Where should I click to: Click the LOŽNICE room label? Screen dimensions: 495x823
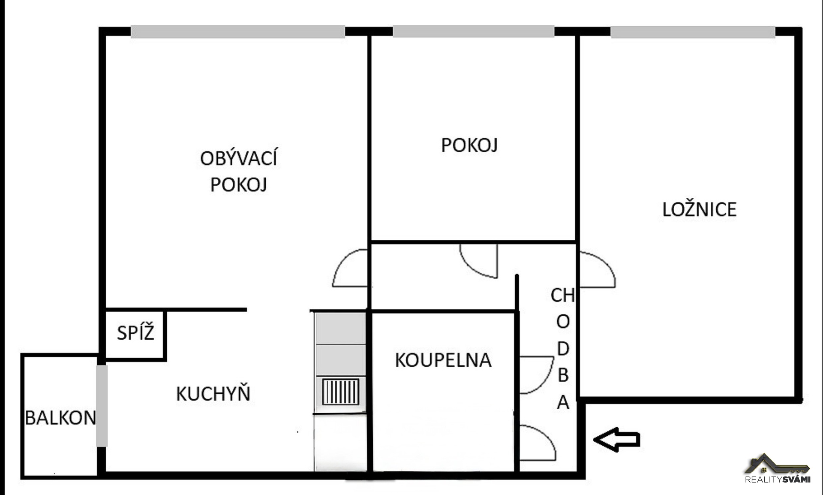[699, 210]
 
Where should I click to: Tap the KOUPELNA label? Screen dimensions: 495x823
[443, 360]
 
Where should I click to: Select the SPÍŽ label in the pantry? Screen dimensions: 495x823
[135, 333]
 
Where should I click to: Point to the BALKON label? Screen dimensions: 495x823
[60, 418]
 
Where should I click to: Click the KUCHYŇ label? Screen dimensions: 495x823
[213, 394]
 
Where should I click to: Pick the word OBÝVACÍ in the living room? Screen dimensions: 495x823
[238, 159]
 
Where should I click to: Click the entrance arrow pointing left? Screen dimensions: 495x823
[617, 439]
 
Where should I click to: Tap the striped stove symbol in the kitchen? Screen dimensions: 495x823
[341, 392]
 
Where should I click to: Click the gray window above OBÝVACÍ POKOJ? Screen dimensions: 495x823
[238, 32]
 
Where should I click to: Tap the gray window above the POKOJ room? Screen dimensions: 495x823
[473, 31]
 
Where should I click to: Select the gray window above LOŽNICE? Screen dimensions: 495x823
[693, 32]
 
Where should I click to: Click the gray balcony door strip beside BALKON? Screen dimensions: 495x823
[102, 405]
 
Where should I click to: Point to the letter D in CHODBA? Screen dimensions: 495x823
[563, 349]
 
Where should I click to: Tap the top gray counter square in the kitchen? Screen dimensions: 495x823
[340, 328]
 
